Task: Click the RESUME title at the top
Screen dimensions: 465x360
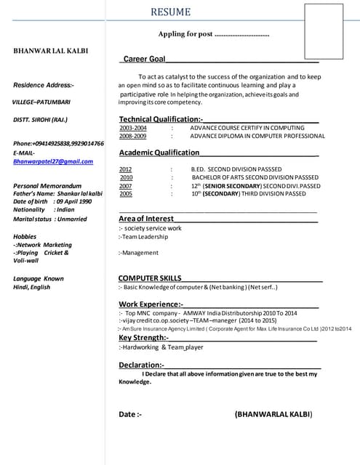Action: tap(171, 12)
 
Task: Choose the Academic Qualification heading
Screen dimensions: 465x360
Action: tap(159, 153)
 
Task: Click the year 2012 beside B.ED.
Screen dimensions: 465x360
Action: tap(125, 169)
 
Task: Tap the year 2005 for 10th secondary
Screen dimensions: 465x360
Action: tap(125, 194)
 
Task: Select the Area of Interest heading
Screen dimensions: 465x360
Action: tap(146, 218)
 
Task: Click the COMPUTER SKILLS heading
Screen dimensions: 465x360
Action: tap(150, 278)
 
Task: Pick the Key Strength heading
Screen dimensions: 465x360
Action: tap(143, 337)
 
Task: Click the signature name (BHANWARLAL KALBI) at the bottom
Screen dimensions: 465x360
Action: tap(273, 414)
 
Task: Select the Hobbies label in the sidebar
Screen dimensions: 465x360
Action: tap(25, 236)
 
